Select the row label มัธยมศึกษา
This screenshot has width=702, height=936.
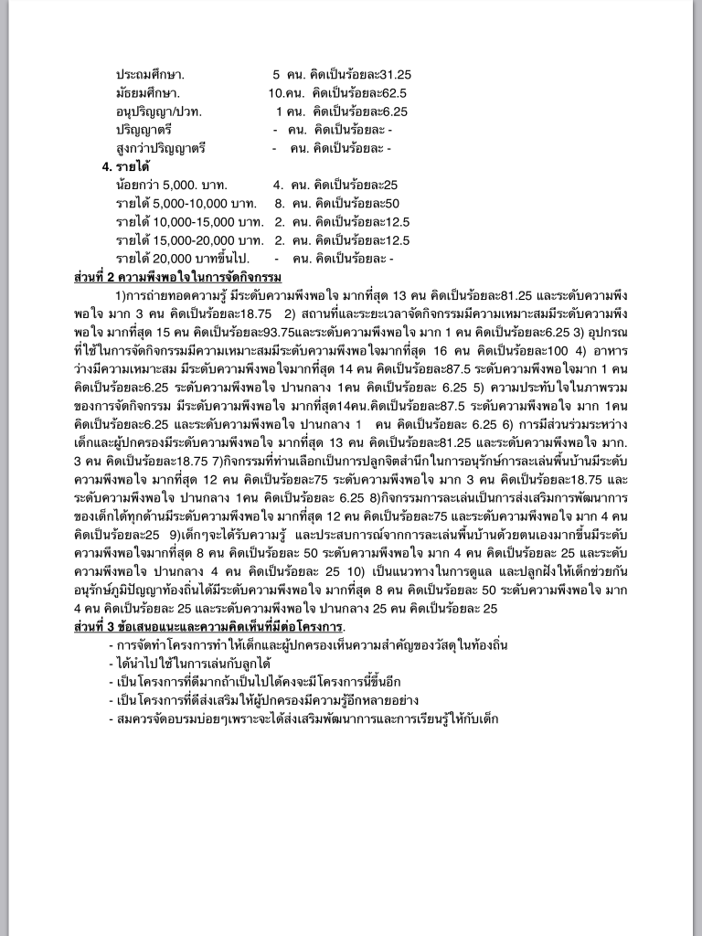click(148, 92)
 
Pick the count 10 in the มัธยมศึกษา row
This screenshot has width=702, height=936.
click(277, 92)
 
